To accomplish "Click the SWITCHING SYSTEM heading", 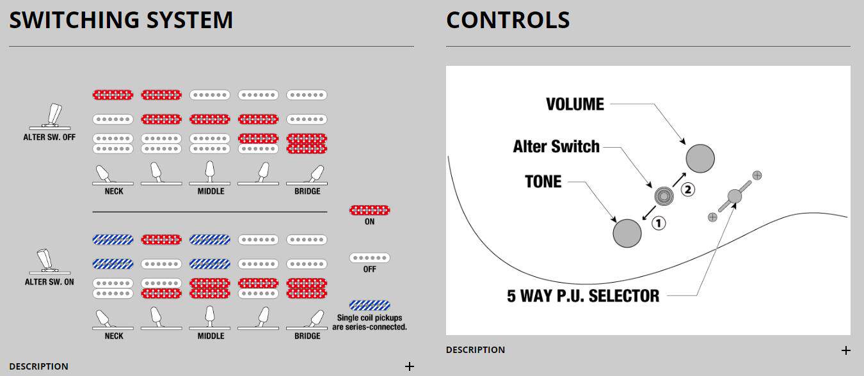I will click(x=121, y=20).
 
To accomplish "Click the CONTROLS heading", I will click(x=508, y=20).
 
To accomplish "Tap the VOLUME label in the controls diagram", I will click(x=575, y=104).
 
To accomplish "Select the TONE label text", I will click(x=543, y=182).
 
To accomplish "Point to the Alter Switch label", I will click(x=556, y=146).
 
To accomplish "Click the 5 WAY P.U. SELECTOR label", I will click(x=583, y=296).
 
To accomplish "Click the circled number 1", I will click(x=659, y=223).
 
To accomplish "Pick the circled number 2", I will click(x=687, y=189).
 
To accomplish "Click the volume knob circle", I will click(x=700, y=158).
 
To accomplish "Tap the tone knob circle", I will click(x=627, y=233).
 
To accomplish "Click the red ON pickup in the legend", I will click(x=369, y=210).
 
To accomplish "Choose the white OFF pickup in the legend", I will click(x=369, y=258).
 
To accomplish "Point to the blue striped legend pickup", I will click(x=369, y=305).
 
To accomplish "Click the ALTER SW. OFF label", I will click(x=49, y=137).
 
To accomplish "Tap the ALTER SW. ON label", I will click(x=49, y=281).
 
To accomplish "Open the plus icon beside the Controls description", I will click(x=845, y=350).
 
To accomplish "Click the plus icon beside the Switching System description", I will click(x=409, y=366).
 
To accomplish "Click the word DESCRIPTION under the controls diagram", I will click(x=475, y=350).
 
